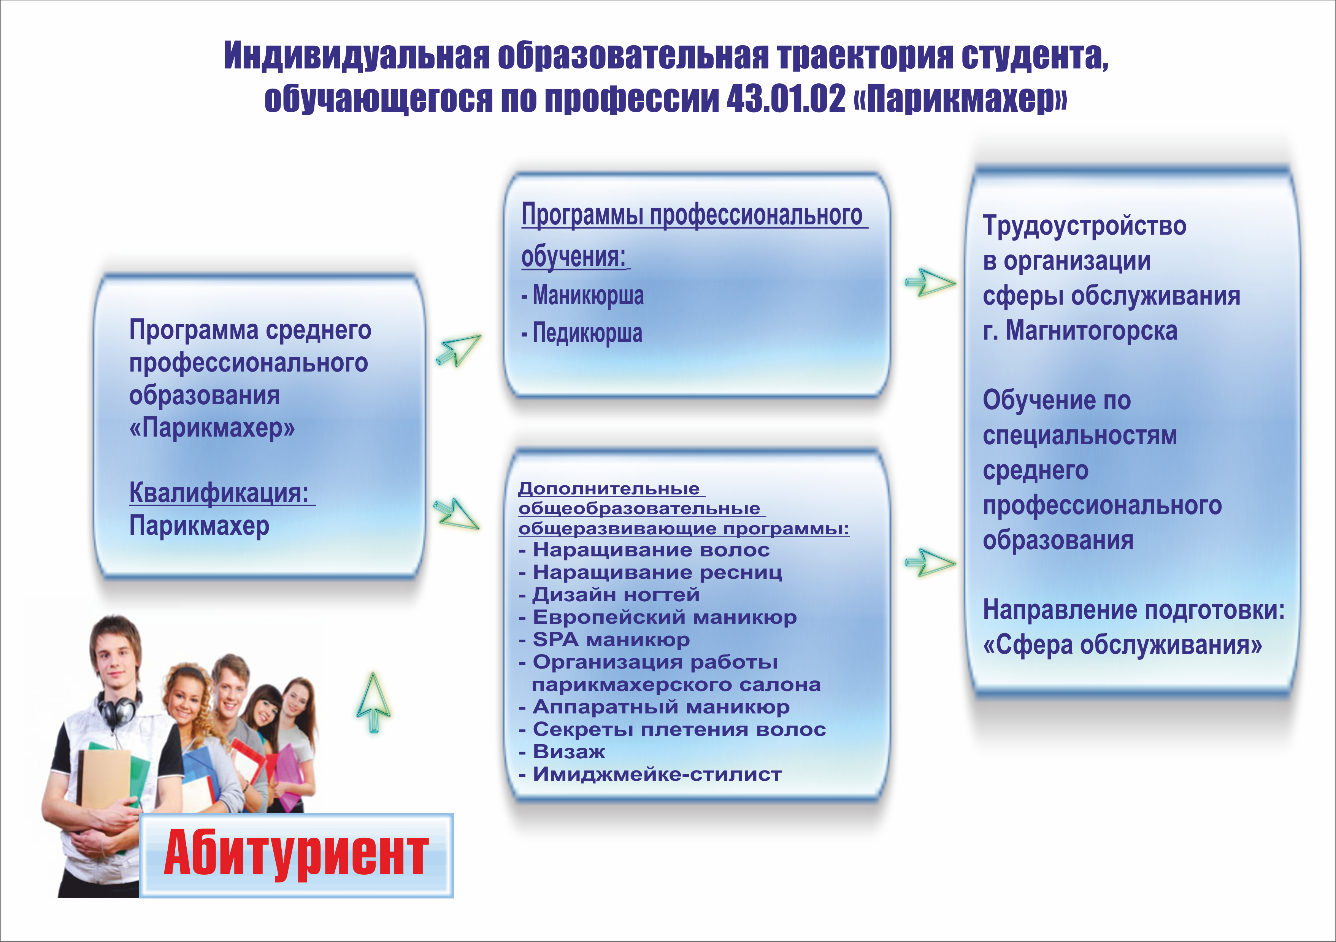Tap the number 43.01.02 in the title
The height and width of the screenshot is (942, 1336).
click(785, 99)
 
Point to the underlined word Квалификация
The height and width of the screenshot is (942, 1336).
click(219, 492)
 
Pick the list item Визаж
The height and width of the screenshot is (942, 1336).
click(562, 751)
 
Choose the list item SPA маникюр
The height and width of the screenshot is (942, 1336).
click(604, 639)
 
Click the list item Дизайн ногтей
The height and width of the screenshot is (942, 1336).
click(609, 594)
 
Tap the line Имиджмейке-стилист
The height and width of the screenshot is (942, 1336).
click(651, 774)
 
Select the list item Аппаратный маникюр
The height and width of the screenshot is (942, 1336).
click(654, 707)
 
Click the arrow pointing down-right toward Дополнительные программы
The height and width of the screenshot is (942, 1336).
click(457, 513)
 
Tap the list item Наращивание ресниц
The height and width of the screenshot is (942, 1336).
click(651, 572)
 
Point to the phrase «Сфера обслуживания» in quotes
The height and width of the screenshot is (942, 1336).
click(1122, 645)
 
